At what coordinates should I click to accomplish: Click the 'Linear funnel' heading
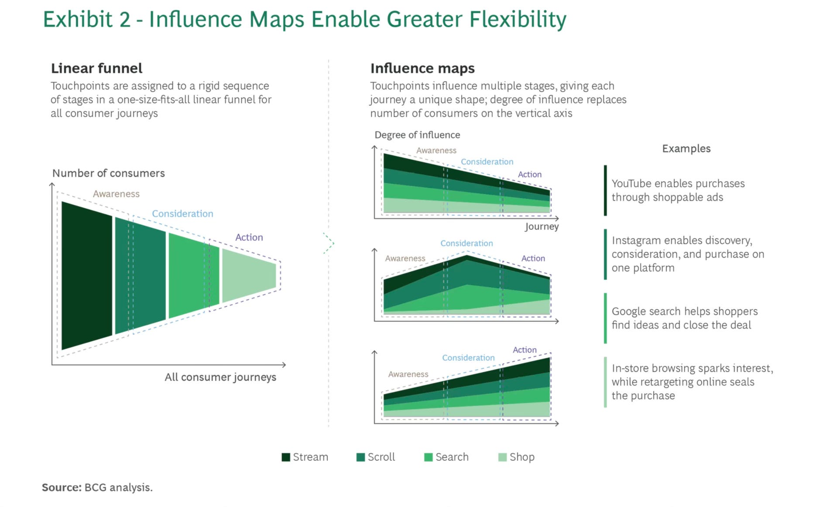pos(96,69)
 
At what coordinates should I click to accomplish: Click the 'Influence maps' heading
pos(422,69)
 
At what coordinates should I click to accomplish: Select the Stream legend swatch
pos(286,457)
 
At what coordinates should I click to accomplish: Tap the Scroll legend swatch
pos(360,457)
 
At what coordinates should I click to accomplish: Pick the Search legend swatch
pos(429,457)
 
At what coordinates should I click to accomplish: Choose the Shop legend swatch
pos(503,457)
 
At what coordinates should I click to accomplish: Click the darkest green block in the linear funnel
pos(87,275)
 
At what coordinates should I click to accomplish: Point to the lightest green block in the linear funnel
pos(249,276)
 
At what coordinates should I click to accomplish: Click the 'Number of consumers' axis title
pos(109,173)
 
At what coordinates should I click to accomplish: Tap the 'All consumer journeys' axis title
pos(220,377)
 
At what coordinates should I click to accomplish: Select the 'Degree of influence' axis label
pos(417,135)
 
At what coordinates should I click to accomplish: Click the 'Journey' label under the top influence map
pos(542,226)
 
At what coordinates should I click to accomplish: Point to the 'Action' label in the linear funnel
pos(249,237)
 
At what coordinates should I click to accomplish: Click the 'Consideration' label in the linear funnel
pos(182,214)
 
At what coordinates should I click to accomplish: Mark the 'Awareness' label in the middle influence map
pos(405,258)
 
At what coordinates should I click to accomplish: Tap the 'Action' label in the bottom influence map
pos(525,350)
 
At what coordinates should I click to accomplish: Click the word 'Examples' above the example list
pos(686,149)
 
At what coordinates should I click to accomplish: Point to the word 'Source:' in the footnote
pos(62,487)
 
